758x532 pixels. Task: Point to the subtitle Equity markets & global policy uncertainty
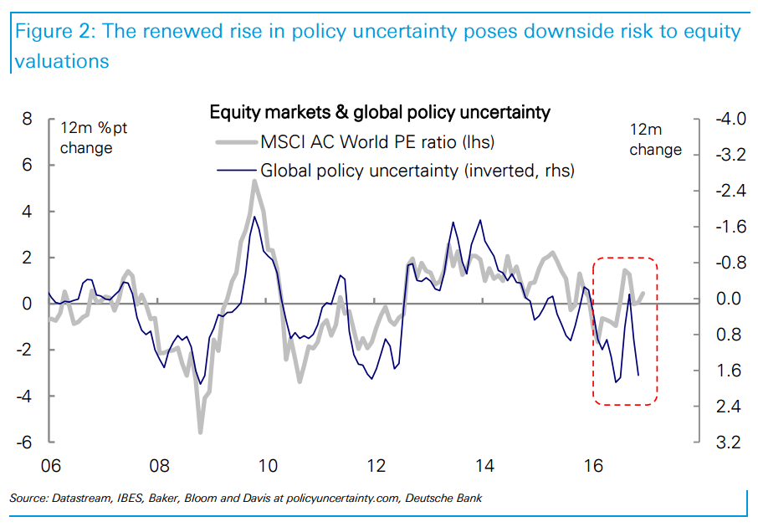tap(380, 111)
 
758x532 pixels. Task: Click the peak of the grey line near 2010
tap(254, 182)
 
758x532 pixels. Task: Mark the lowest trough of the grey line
tap(201, 431)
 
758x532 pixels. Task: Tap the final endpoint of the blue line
tap(639, 375)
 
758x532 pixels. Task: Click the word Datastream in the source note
tap(83, 499)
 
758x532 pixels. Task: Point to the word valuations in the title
tap(61, 61)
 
